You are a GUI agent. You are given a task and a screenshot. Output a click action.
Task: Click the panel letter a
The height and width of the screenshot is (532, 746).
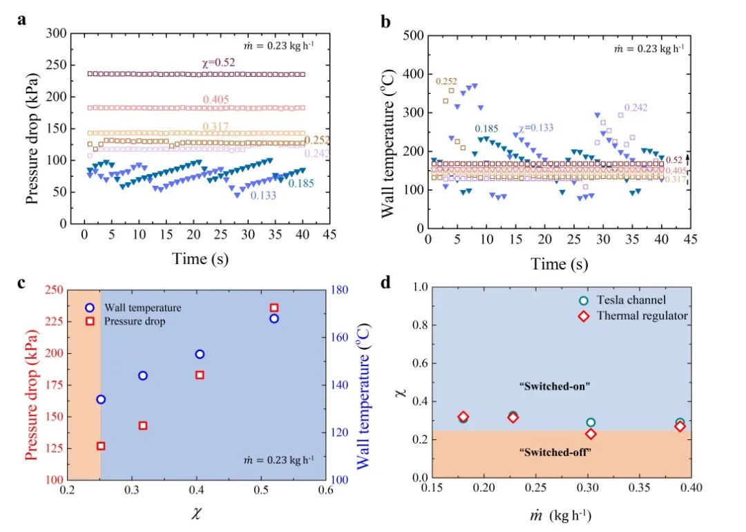[22, 19]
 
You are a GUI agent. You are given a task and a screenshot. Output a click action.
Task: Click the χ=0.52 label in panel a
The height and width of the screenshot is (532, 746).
[218, 63]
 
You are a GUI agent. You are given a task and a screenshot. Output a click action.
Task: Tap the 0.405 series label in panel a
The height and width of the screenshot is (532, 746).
[216, 100]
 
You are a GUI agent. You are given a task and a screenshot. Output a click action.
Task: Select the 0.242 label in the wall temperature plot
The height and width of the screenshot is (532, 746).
[636, 108]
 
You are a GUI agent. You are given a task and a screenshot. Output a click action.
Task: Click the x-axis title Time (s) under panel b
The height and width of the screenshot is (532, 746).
[559, 264]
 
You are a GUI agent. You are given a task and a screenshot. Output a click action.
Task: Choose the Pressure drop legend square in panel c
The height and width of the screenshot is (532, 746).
[90, 321]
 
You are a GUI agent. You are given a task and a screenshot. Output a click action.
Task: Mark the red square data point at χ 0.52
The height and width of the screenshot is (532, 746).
[274, 307]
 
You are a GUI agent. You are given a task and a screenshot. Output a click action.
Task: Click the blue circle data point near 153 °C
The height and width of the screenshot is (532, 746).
[200, 354]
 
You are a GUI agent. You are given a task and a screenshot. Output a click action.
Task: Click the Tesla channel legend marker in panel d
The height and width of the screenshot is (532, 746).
[584, 301]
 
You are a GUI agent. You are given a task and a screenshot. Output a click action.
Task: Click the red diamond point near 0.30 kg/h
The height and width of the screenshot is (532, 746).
[591, 434]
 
